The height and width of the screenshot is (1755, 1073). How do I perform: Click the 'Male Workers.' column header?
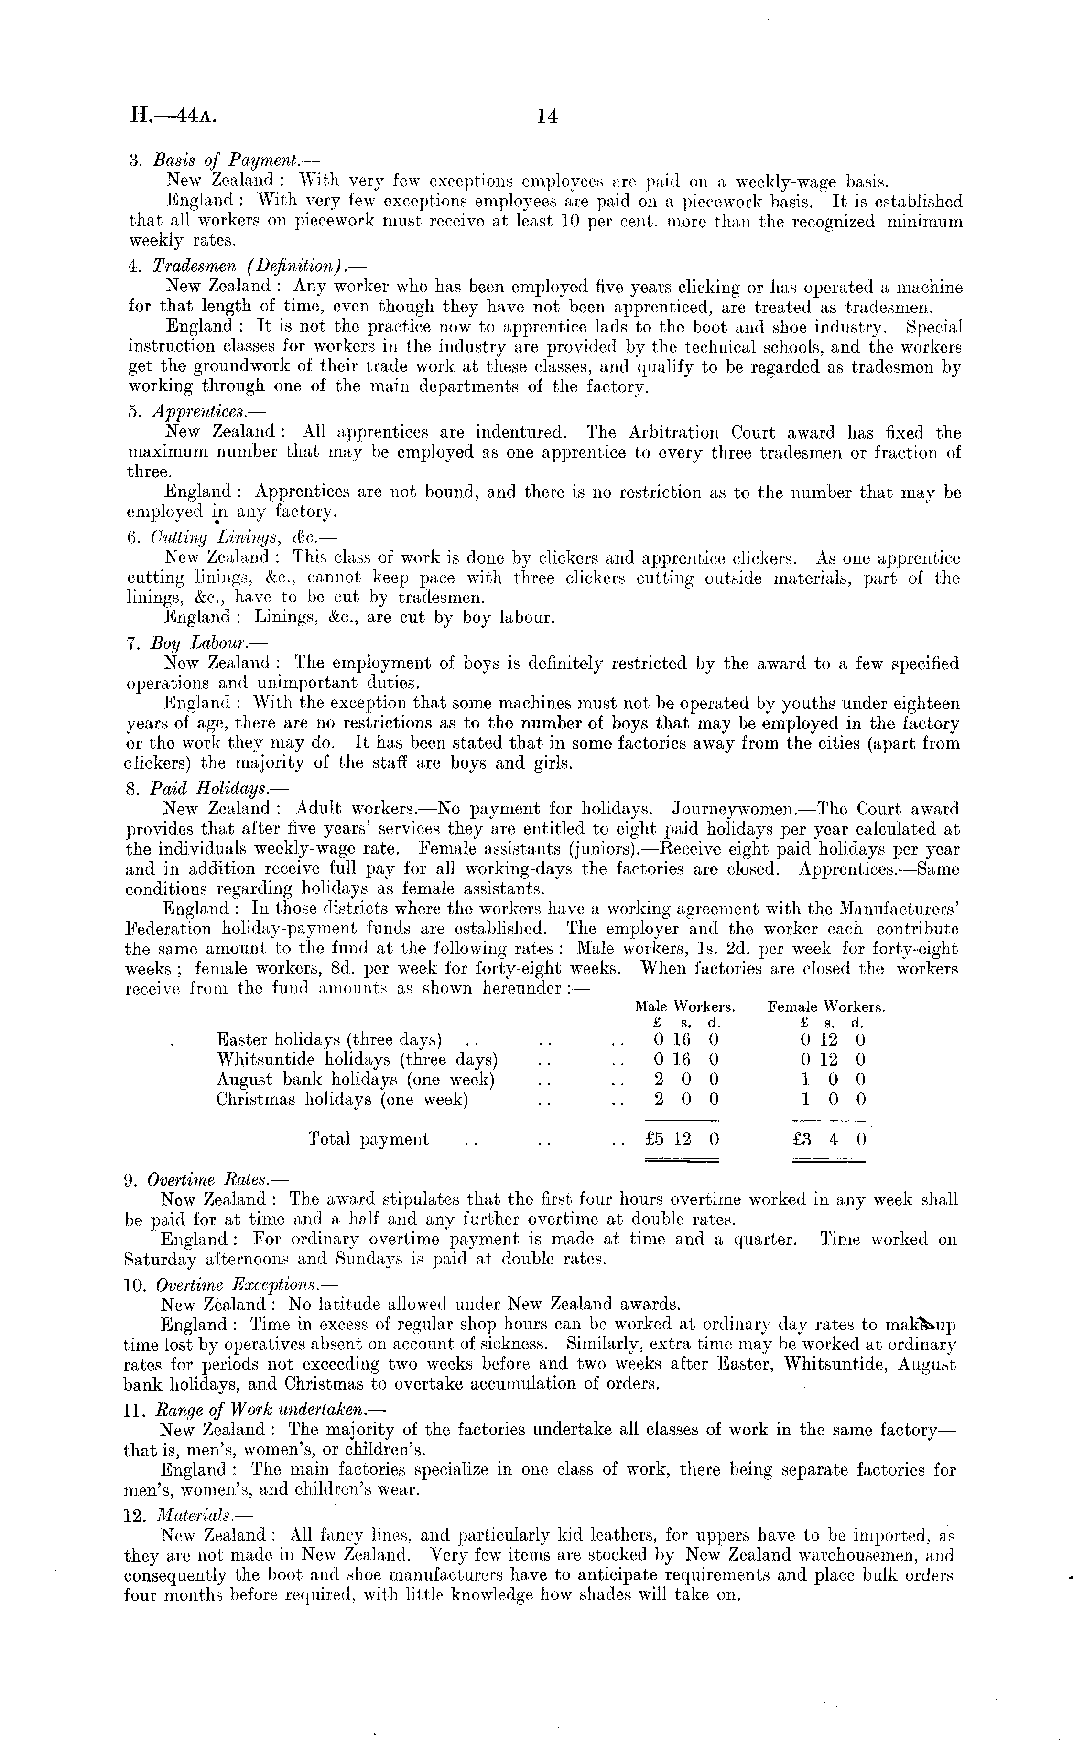click(x=685, y=1007)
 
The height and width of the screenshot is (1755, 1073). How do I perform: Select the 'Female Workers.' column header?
click(x=826, y=1007)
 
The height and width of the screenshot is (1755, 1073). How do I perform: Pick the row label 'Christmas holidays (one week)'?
click(x=342, y=1099)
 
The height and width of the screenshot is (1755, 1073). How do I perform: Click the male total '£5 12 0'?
click(x=682, y=1139)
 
